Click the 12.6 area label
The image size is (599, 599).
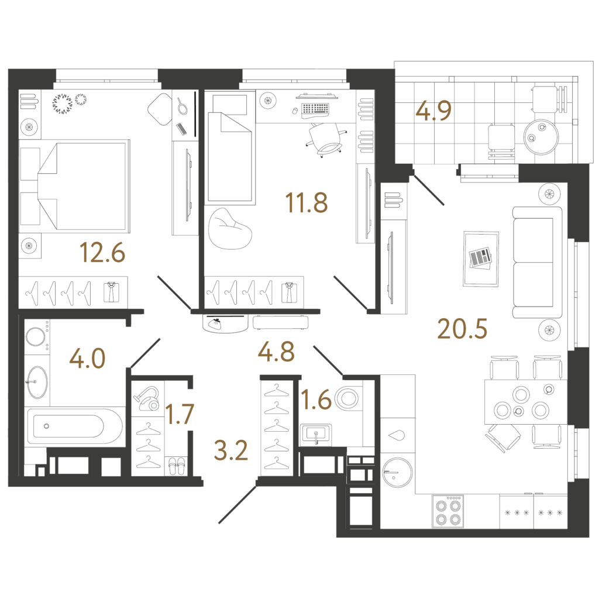coord(102,253)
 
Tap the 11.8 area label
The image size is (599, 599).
coord(307,202)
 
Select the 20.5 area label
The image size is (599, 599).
coord(462,329)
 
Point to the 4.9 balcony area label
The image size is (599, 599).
coord(433,111)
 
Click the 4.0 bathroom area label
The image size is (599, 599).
coord(88,359)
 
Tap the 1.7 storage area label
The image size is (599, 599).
coord(180,414)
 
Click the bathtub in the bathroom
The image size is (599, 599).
coord(74,426)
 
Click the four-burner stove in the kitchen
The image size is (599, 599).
coord(447,511)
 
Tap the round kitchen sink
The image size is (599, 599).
coord(397,472)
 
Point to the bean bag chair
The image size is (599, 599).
coord(230,229)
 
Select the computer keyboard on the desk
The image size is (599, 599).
coord(315,109)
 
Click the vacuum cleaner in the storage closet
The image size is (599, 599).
coord(147,398)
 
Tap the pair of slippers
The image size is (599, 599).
coord(176,466)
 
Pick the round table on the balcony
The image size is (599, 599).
coord(541,137)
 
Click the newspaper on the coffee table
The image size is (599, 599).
coord(481,257)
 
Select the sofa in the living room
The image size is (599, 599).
coord(537,263)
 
